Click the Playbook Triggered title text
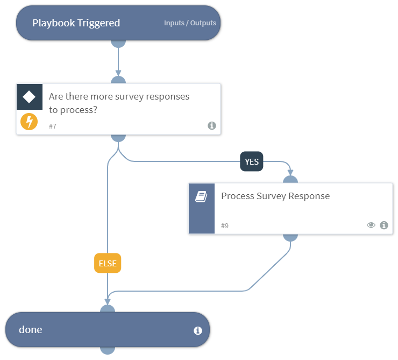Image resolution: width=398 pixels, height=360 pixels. [x=76, y=23]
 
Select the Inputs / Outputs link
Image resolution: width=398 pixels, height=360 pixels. [x=190, y=23]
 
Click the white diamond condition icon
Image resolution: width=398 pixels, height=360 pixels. [x=29, y=97]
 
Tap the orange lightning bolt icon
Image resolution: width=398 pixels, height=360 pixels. [x=29, y=122]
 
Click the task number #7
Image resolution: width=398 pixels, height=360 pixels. [x=53, y=125]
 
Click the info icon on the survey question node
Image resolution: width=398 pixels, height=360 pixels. [x=211, y=125]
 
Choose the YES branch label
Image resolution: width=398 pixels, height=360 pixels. [x=251, y=161]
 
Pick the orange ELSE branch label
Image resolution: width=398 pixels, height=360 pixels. [x=108, y=263]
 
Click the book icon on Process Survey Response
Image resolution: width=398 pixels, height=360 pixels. [x=201, y=197]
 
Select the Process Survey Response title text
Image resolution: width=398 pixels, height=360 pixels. [x=275, y=196]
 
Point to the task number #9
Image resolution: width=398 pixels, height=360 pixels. [x=225, y=225]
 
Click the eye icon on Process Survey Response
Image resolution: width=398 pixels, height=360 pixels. [x=371, y=225]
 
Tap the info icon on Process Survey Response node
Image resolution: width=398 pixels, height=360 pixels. [x=383, y=225]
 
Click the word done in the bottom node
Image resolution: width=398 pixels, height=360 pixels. [x=30, y=330]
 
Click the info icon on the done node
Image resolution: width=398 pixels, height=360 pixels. [x=197, y=330]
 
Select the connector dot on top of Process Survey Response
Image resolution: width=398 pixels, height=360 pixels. [x=290, y=179]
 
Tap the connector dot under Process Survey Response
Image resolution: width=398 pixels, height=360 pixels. [x=290, y=237]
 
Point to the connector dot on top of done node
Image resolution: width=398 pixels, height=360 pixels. [x=108, y=309]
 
